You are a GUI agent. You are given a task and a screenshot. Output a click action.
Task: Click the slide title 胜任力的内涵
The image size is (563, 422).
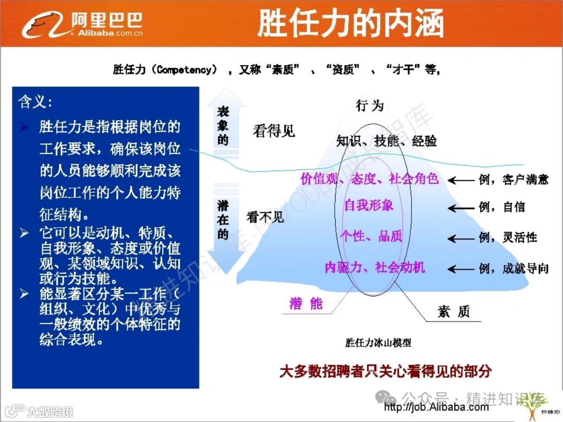350,24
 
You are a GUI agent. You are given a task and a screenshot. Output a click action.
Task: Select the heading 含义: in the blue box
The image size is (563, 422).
35,102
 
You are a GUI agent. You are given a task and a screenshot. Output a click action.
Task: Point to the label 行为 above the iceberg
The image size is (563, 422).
370,106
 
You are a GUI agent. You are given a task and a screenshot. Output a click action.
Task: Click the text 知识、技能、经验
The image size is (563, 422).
386,141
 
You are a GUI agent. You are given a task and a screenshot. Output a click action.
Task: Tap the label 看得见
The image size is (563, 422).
274,131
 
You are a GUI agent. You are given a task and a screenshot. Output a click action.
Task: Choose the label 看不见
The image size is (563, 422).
265,217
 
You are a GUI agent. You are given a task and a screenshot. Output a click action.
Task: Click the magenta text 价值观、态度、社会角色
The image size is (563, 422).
370,179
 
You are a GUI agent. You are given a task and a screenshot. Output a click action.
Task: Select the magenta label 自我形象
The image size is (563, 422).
369,205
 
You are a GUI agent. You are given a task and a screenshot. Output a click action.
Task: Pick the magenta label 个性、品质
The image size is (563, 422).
371,237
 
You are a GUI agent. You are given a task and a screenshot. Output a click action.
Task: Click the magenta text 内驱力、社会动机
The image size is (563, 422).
375,268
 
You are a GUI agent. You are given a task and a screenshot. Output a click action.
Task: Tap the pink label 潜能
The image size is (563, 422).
306,304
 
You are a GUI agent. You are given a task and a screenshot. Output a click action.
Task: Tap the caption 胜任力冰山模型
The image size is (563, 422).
378,343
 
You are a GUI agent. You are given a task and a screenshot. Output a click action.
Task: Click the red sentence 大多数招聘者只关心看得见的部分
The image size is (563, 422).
386,371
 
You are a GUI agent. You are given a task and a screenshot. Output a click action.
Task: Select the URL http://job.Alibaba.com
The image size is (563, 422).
436,407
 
